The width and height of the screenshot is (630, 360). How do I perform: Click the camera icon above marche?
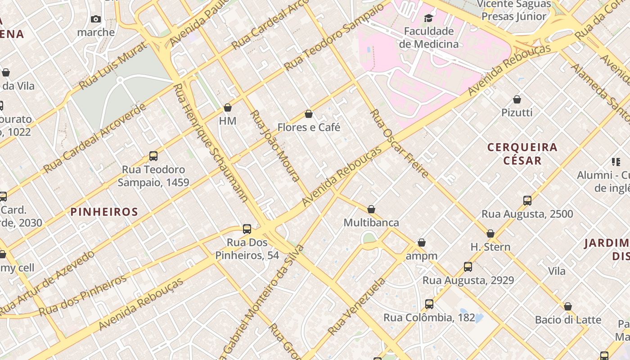(96, 19)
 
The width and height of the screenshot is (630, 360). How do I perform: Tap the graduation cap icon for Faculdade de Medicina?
(428, 18)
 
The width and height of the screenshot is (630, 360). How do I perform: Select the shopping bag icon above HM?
(228, 108)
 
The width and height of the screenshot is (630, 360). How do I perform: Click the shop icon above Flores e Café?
(309, 114)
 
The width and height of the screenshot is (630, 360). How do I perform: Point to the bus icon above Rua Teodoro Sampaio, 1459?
(153, 156)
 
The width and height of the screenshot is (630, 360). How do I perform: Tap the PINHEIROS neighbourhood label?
(104, 212)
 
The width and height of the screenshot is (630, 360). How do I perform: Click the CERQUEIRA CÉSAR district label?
(522, 153)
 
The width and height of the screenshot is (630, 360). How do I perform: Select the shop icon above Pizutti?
(517, 99)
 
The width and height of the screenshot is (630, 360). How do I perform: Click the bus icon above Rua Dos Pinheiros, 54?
(247, 229)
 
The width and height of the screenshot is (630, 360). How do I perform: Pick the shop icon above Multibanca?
(371, 210)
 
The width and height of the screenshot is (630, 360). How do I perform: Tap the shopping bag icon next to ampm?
(422, 243)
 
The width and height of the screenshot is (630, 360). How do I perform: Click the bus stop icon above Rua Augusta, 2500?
(527, 201)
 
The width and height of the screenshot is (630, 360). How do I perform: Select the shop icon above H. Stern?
(490, 234)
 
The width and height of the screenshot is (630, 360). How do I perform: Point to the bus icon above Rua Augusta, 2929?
(468, 267)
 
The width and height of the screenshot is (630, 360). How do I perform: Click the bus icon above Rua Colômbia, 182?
(429, 304)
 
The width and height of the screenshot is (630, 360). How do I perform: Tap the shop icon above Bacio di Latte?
(568, 307)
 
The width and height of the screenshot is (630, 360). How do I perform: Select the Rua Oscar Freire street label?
(399, 143)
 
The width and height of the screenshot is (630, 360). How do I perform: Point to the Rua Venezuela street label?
(356, 306)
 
